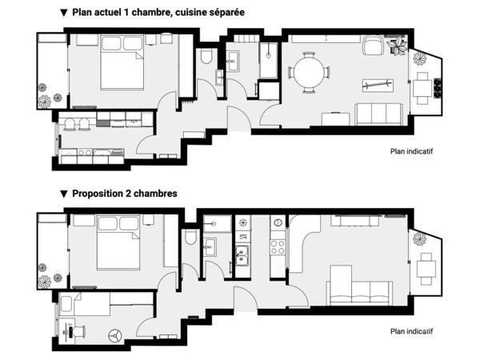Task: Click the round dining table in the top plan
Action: click(x=309, y=73)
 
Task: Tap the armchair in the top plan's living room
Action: click(x=373, y=45)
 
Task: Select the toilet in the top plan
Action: click(x=206, y=56)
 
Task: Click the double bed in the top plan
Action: click(x=122, y=62)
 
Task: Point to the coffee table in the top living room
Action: click(x=378, y=86)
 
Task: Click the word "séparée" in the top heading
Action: click(x=227, y=12)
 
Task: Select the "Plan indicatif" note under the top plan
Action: click(x=411, y=151)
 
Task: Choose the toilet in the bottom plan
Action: click(x=191, y=238)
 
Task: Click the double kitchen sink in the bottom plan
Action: click(x=242, y=256)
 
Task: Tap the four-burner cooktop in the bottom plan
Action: click(x=278, y=247)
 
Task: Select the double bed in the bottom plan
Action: click(x=118, y=242)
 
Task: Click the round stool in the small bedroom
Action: click(x=114, y=335)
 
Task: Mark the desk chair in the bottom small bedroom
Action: click(x=78, y=331)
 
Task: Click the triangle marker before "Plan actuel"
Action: click(x=64, y=13)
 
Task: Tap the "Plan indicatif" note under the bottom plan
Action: click(x=411, y=331)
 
